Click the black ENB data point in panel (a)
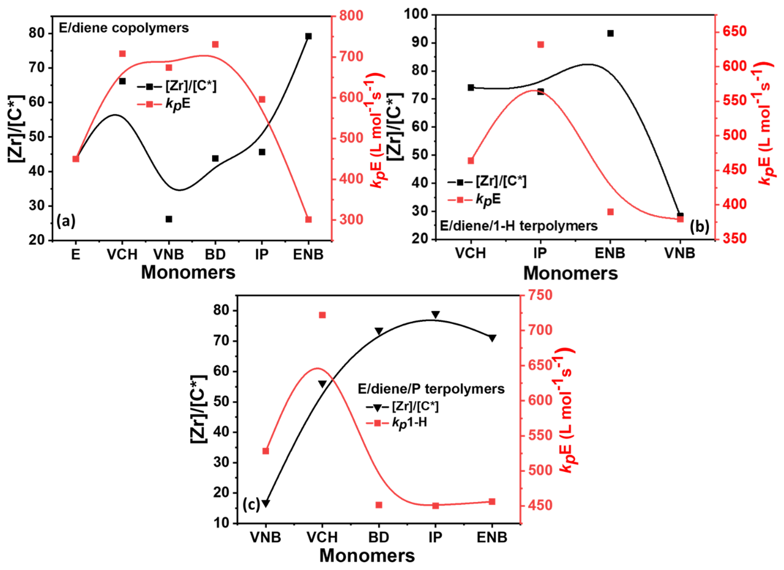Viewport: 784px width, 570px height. click(308, 36)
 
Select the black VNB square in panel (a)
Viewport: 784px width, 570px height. click(169, 219)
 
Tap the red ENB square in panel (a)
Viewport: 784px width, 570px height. click(308, 219)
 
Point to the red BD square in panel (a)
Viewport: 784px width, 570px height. click(215, 44)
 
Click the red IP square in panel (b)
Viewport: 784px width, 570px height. click(541, 45)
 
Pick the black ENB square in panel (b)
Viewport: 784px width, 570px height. click(610, 33)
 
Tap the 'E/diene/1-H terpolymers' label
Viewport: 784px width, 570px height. click(518, 226)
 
